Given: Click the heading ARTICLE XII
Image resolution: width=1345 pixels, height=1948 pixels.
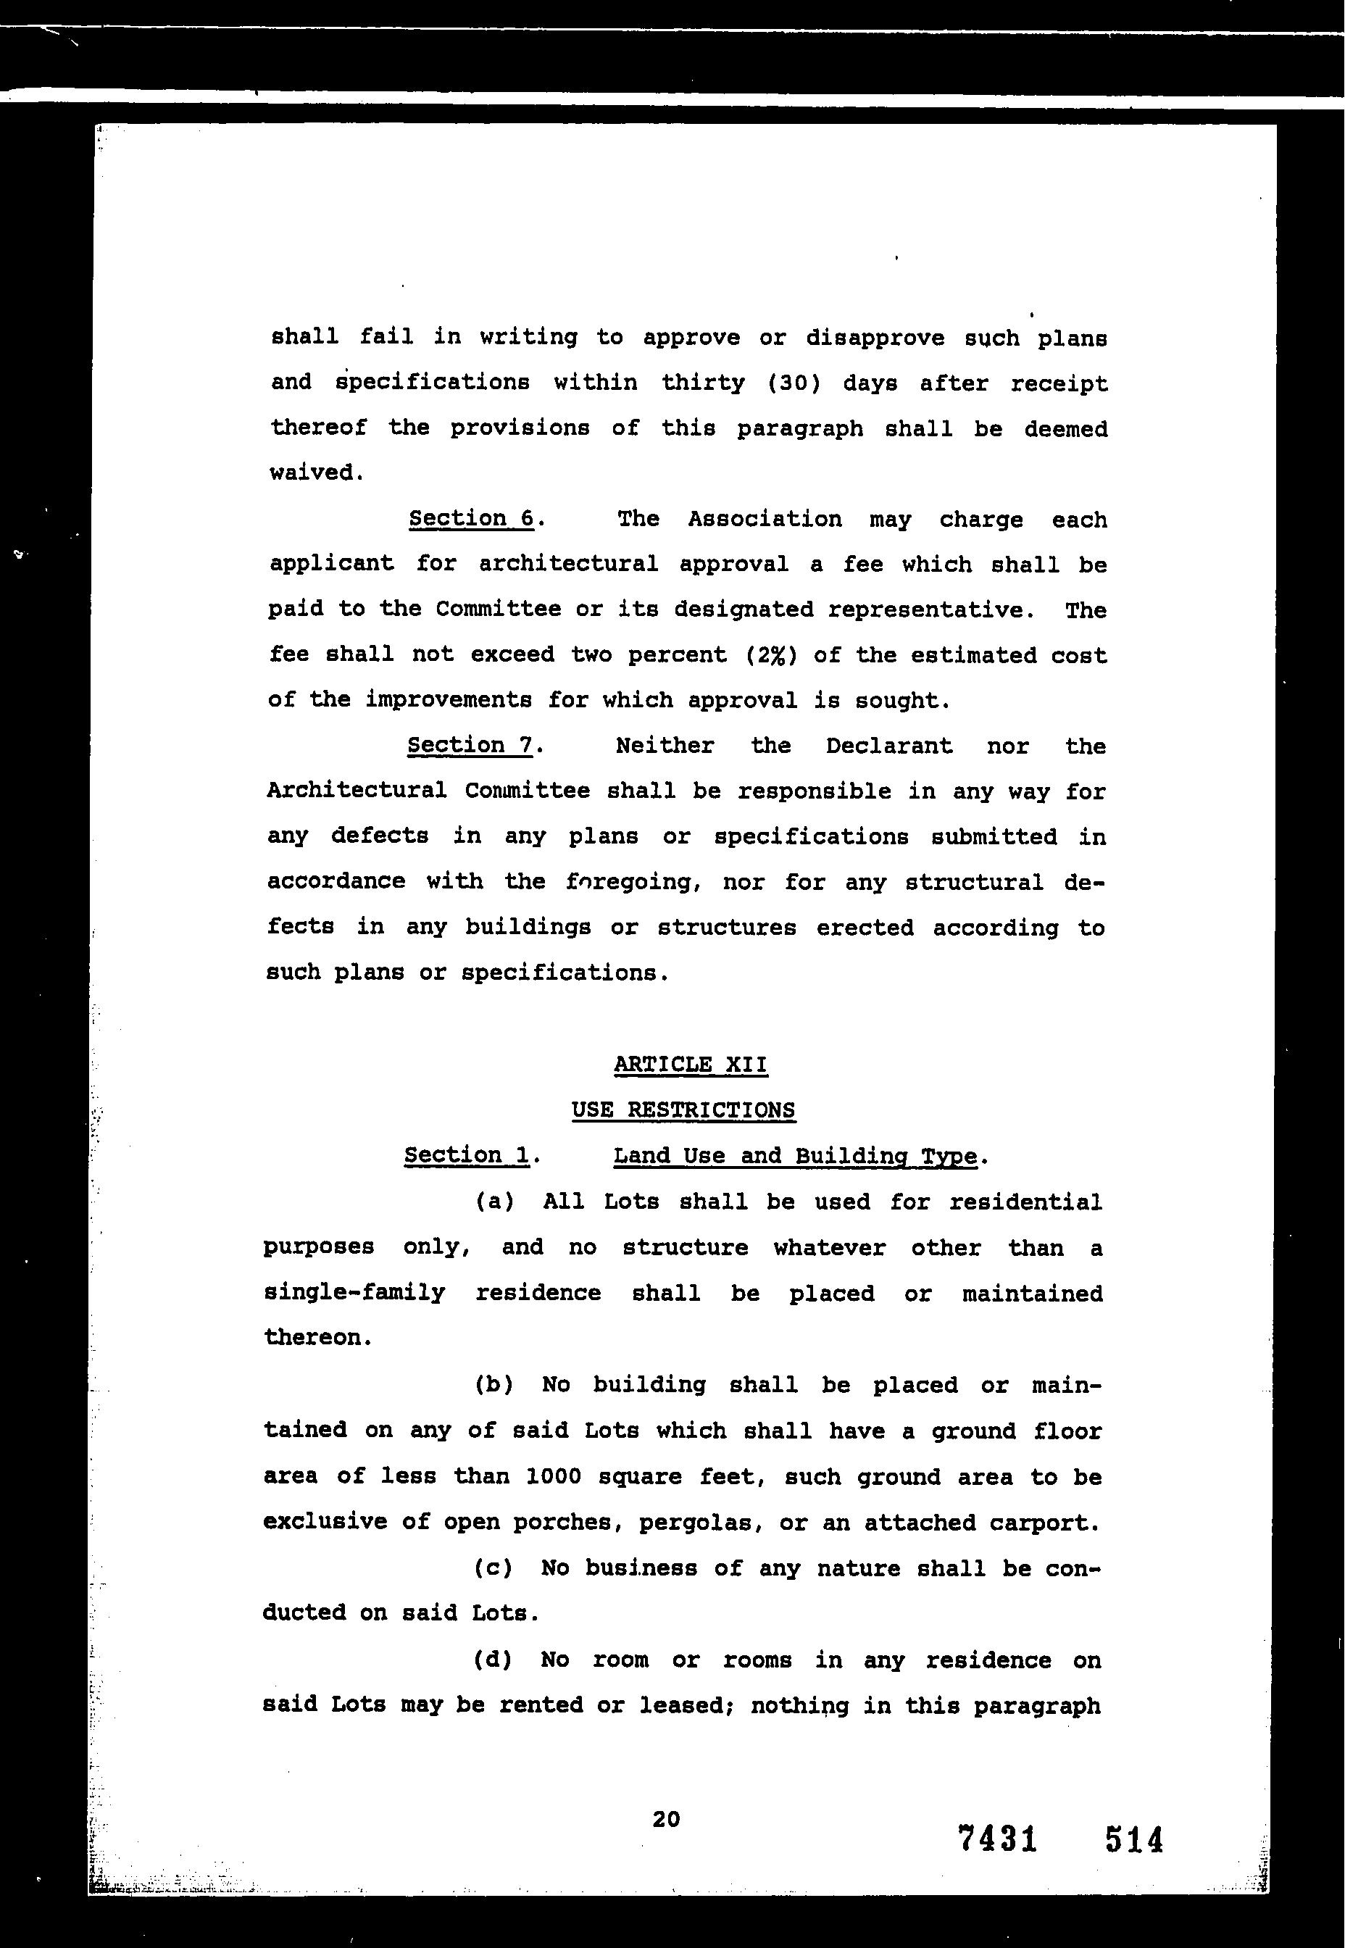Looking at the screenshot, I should click(690, 1065).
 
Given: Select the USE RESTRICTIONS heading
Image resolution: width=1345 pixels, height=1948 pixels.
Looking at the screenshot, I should click(683, 1110).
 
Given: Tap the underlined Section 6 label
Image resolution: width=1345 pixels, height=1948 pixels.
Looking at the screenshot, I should click(472, 518).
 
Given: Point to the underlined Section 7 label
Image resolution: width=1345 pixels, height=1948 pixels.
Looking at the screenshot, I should click(470, 746).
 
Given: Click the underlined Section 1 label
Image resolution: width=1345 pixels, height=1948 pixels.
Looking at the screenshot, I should click(467, 1155).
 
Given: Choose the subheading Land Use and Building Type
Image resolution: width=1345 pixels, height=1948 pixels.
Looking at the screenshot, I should click(795, 1156).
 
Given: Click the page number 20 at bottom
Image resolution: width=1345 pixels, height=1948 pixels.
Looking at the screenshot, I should click(666, 1819).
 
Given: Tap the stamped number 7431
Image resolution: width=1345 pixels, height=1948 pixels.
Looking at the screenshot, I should click(997, 1839).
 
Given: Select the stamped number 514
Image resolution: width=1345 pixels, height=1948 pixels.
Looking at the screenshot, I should click(1133, 1839).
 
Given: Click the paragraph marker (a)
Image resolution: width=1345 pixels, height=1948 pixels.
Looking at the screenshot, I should click(495, 1202).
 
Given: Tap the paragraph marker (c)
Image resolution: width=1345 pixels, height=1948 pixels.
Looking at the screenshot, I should click(494, 1569).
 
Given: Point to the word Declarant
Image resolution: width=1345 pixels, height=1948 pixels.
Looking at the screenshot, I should click(888, 746).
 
